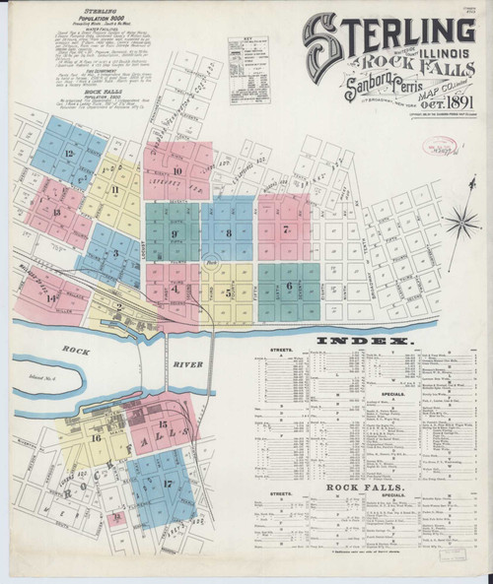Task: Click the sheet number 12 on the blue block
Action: [68, 155]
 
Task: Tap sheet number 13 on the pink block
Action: [56, 212]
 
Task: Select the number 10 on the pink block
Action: [177, 170]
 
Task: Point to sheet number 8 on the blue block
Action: [228, 233]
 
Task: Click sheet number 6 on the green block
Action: [289, 286]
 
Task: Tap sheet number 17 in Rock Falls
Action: [169, 483]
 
